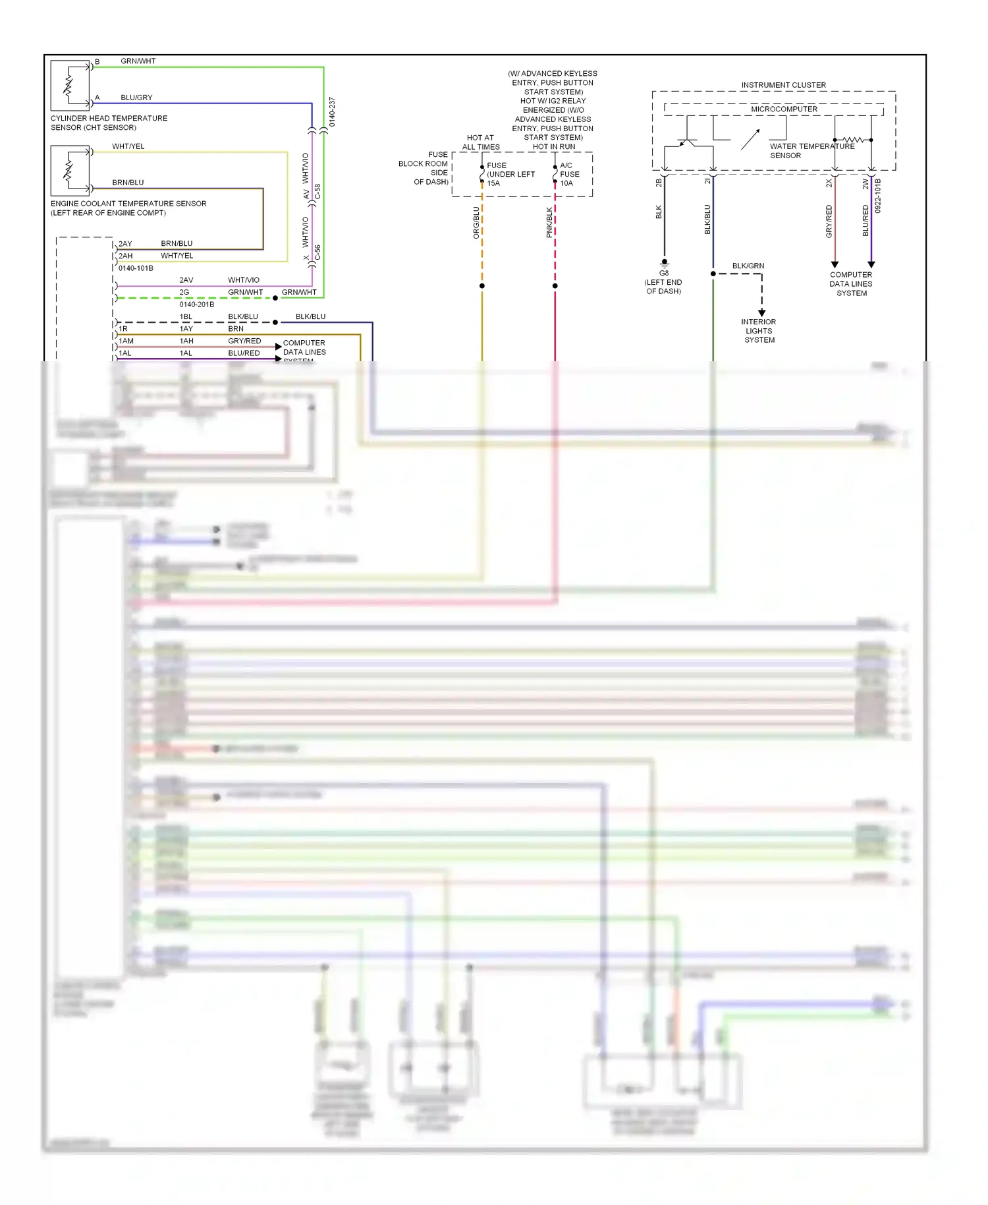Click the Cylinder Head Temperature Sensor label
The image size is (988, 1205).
pyautogui.click(x=109, y=123)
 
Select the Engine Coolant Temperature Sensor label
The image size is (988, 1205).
pyautogui.click(x=128, y=208)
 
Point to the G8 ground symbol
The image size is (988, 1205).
pyautogui.click(x=664, y=263)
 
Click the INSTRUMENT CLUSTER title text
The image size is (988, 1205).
pyautogui.click(x=783, y=85)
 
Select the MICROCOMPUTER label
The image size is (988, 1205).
pyautogui.click(x=784, y=109)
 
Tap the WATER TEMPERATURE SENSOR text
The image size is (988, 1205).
pyautogui.click(x=811, y=151)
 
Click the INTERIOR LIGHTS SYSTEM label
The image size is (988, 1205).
pyautogui.click(x=759, y=331)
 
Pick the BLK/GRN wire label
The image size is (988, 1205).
pyautogui.click(x=748, y=266)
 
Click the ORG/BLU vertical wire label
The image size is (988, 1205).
pyautogui.click(x=476, y=223)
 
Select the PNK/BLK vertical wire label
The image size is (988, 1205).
pyautogui.click(x=549, y=223)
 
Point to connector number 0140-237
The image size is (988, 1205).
pyautogui.click(x=332, y=112)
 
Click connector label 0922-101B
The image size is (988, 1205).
pyautogui.click(x=878, y=196)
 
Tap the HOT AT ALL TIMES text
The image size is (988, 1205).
pyautogui.click(x=481, y=142)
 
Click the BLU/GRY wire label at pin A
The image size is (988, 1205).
pyautogui.click(x=136, y=98)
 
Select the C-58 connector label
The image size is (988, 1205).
pyautogui.click(x=317, y=192)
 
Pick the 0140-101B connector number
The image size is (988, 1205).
pyautogui.click(x=136, y=268)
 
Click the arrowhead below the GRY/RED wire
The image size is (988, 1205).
pyautogui.click(x=835, y=264)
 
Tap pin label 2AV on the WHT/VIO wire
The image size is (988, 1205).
pyautogui.click(x=186, y=280)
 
